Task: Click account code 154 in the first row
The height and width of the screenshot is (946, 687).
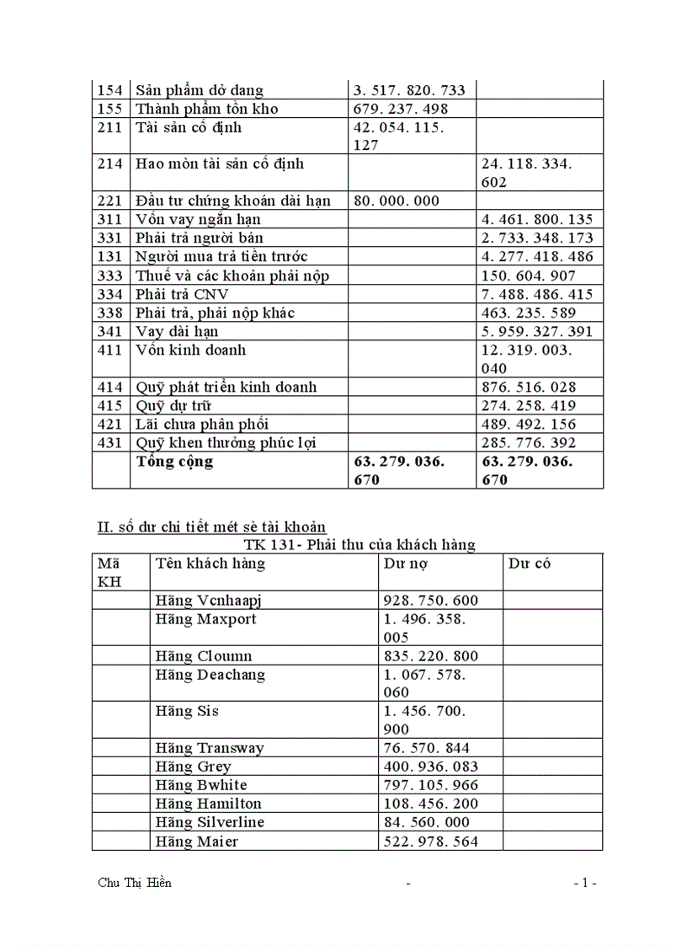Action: [110, 90]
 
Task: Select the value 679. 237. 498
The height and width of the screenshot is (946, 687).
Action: [400, 109]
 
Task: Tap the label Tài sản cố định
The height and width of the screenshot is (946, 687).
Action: [189, 127]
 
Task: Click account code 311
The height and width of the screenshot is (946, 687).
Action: [110, 219]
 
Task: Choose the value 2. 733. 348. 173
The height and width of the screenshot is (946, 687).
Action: [537, 238]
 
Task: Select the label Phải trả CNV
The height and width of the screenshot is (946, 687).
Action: [182, 294]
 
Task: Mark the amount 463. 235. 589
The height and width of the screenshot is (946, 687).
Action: [529, 313]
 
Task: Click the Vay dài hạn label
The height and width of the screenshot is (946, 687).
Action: [177, 331]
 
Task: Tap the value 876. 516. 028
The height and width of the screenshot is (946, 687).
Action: [529, 387]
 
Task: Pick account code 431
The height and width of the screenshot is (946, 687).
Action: [110, 442]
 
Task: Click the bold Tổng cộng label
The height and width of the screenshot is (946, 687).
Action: [174, 462]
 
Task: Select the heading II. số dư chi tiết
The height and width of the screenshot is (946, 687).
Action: [211, 528]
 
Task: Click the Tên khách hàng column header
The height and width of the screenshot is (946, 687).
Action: [210, 564]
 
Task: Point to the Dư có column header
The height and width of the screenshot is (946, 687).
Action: [529, 564]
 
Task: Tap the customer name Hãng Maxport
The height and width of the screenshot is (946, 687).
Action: [206, 619]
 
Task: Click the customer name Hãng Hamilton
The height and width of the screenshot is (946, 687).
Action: [209, 803]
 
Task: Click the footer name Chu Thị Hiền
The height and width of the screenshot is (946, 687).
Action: [135, 883]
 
